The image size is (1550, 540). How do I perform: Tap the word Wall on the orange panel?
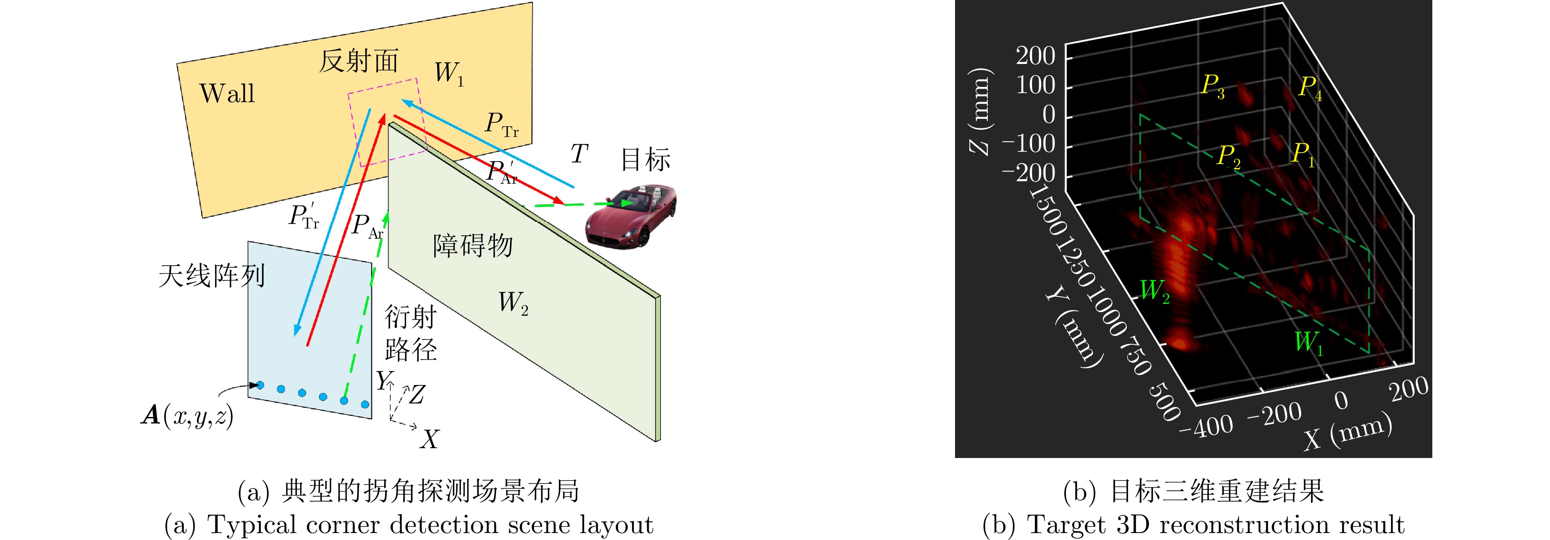(227, 93)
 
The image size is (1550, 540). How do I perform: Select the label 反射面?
(359, 61)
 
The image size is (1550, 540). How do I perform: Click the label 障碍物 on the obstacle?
(473, 245)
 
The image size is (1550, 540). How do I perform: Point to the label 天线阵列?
(211, 276)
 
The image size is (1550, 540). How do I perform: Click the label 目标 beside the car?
(645, 159)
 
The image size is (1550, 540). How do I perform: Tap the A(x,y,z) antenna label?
(187, 415)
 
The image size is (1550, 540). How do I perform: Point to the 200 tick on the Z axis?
(1035, 56)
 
